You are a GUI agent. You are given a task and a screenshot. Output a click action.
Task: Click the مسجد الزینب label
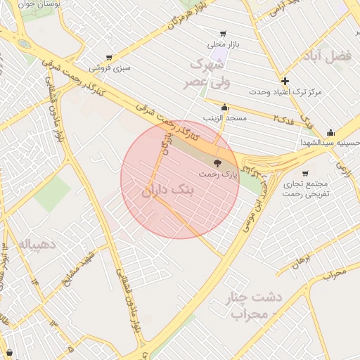tap(225, 118)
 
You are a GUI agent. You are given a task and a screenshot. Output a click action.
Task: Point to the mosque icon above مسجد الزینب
tap(225, 108)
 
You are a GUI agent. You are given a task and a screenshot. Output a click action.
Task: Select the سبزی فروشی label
tap(110, 69)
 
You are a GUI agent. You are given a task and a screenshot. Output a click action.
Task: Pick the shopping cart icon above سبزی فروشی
tap(109, 58)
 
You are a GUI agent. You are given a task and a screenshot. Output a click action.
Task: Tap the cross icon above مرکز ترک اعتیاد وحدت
tap(285, 81)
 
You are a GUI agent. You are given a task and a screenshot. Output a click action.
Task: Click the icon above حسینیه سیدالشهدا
tap(330, 132)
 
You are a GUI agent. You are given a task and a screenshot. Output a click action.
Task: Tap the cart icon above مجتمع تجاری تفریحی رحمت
tap(304, 173)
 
